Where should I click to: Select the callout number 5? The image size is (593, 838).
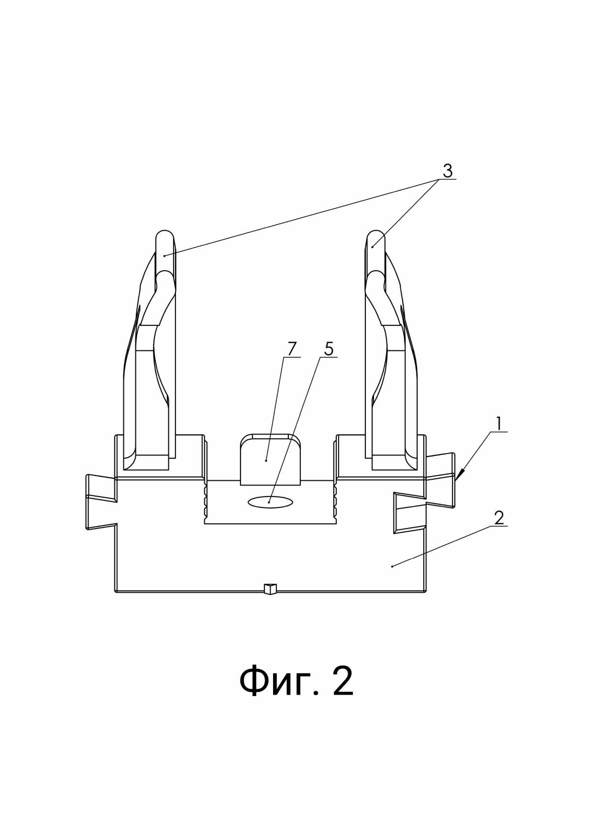tap(329, 349)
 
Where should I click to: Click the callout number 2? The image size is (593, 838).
tap(499, 518)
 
